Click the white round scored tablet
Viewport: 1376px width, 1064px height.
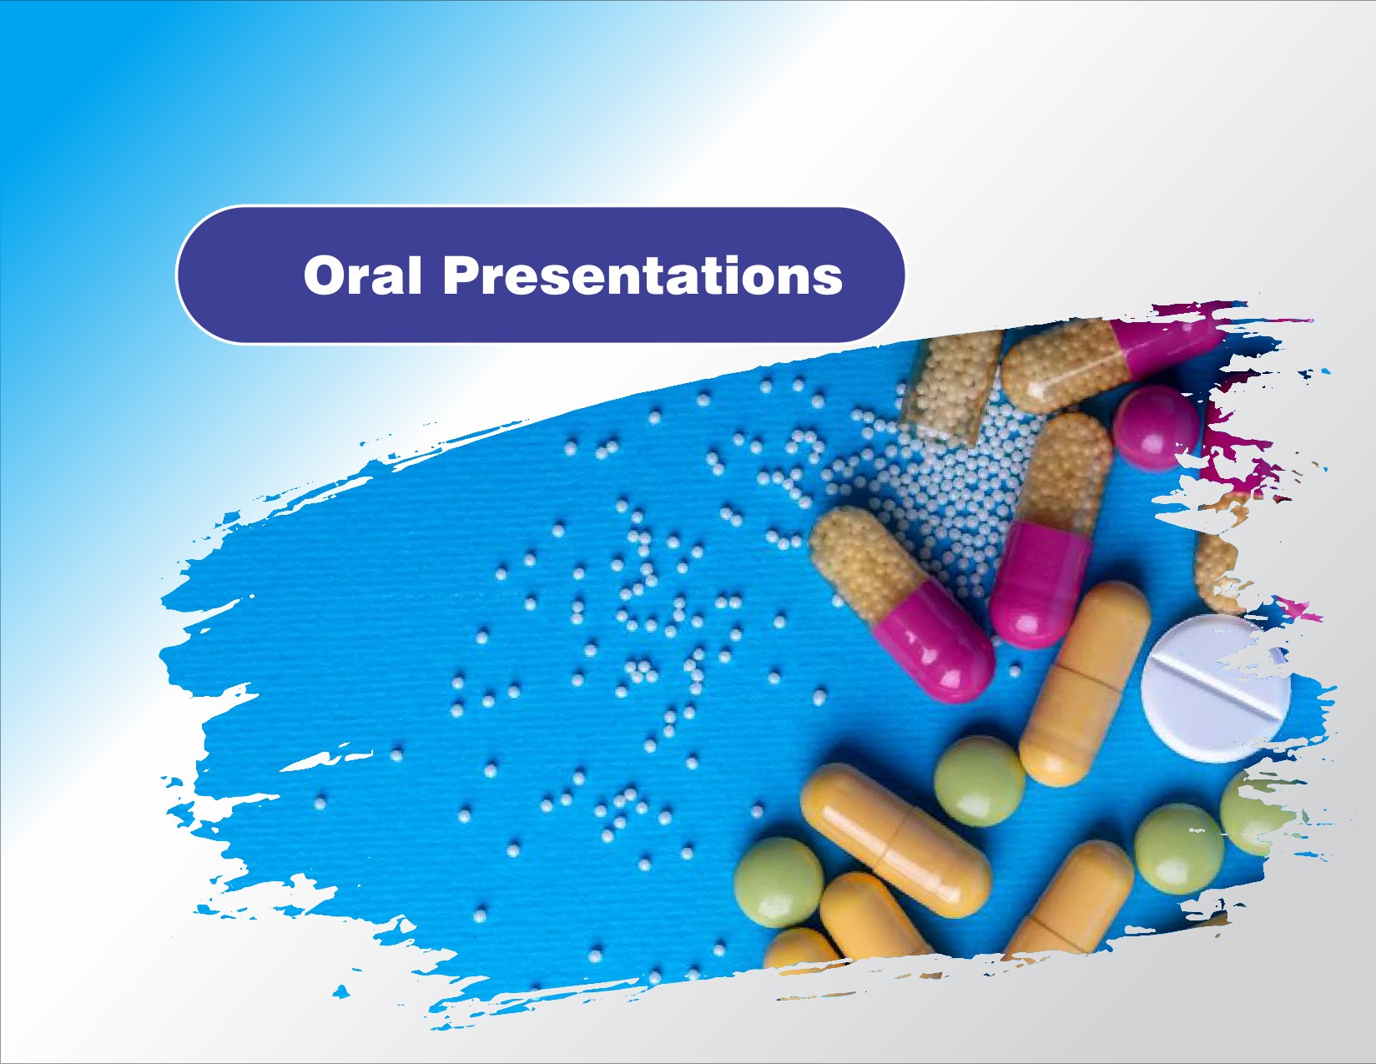point(1215,688)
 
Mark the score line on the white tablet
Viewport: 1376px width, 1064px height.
point(1214,688)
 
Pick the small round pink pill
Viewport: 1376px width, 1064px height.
point(1157,428)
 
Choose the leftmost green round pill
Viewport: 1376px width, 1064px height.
point(779,883)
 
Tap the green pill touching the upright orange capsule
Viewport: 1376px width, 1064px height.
point(979,781)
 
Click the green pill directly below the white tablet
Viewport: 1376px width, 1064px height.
point(1178,849)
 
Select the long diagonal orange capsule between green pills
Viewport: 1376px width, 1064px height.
point(895,840)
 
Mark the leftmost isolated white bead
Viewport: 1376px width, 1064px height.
point(320,804)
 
